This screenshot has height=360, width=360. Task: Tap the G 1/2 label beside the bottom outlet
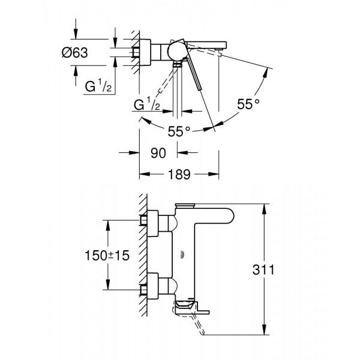click(x=146, y=106)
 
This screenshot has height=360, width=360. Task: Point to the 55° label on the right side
click(x=247, y=104)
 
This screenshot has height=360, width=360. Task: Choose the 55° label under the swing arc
click(x=178, y=130)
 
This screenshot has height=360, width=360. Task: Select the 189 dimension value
click(x=179, y=175)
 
